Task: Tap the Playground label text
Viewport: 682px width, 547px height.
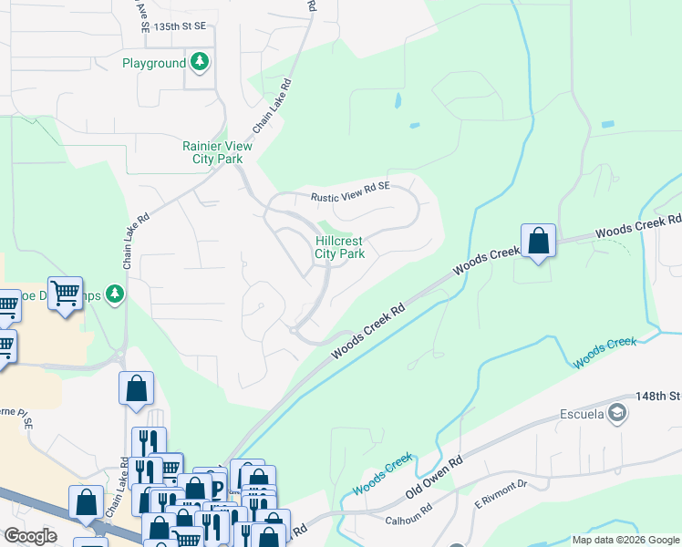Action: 154,64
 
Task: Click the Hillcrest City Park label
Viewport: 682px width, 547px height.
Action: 340,247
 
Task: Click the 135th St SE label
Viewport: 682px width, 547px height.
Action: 180,27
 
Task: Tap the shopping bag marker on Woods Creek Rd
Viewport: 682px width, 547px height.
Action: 539,242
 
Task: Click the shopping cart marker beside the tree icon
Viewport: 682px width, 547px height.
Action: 66,294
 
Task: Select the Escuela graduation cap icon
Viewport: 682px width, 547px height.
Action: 618,415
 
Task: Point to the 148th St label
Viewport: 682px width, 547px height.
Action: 660,396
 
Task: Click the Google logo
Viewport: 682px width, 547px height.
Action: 30,536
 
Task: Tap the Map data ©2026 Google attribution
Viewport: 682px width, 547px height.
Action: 625,540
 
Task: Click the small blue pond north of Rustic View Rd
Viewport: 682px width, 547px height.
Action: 398,100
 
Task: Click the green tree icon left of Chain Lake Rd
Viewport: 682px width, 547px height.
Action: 114,293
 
